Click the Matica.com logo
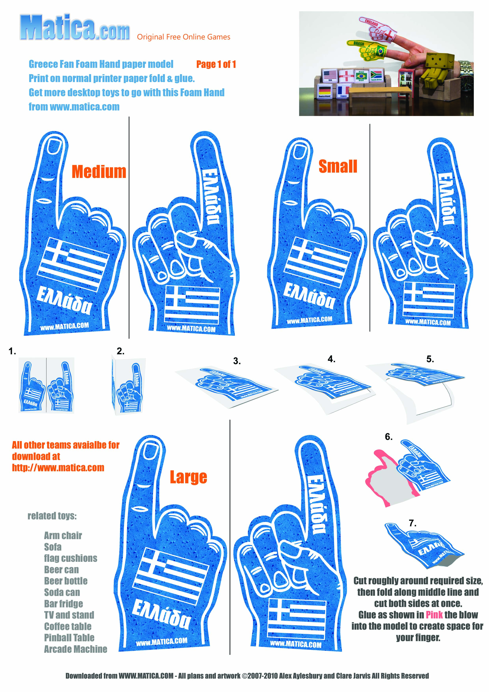coord(75,27)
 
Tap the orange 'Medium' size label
coord(99,172)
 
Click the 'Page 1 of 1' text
coord(216,64)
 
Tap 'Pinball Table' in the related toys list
coord(69,637)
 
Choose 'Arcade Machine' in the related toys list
coord(76,649)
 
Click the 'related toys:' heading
coord(52,516)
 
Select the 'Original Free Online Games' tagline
coord(184,37)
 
